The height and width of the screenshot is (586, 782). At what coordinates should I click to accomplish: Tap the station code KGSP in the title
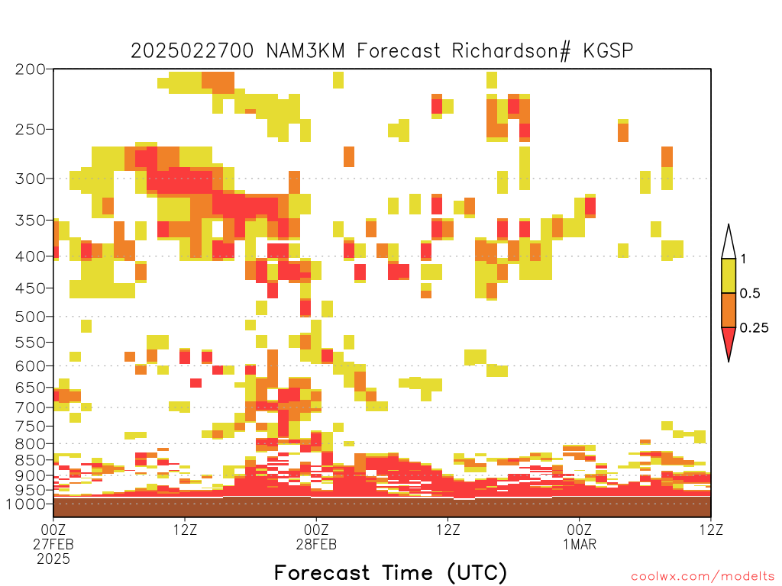(608, 50)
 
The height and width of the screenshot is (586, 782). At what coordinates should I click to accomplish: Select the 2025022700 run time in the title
(192, 50)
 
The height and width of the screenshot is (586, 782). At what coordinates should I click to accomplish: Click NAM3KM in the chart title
(305, 50)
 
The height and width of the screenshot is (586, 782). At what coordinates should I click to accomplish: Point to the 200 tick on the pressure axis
(31, 69)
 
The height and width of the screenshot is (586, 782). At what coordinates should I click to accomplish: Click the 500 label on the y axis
(31, 317)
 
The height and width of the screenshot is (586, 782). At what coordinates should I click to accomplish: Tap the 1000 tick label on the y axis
(26, 504)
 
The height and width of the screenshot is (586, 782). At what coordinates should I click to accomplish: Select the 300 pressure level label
(31, 179)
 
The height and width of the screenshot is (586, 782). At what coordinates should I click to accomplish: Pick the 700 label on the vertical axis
(31, 407)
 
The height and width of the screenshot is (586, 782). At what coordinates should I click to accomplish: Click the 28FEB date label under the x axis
(316, 544)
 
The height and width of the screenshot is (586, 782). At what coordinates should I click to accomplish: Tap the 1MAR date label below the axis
(580, 544)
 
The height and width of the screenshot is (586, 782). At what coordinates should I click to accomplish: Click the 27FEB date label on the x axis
(53, 544)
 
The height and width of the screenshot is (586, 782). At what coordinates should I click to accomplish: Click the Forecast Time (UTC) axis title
(390, 572)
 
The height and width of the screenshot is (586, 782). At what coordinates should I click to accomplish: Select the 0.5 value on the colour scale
(750, 294)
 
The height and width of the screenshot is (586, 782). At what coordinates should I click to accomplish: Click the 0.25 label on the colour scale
(754, 328)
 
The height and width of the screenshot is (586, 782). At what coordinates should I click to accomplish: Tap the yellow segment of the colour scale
(729, 275)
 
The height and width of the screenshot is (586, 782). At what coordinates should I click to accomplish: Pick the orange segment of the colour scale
(729, 310)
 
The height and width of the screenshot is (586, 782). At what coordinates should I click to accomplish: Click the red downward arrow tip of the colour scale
(729, 361)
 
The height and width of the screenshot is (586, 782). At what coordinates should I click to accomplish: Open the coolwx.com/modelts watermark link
(703, 577)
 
